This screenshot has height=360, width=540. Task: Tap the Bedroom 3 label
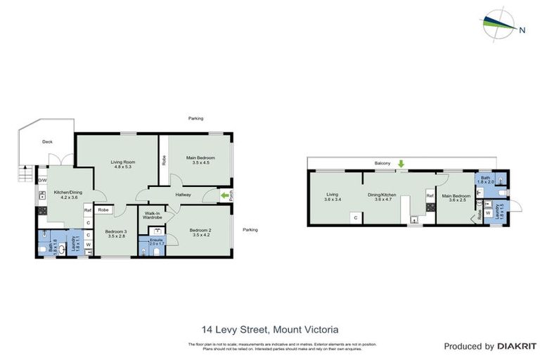116,231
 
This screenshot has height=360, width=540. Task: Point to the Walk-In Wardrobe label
153,215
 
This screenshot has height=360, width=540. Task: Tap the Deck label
47,141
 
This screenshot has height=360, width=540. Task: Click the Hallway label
184,195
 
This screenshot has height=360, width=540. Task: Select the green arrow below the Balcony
401,165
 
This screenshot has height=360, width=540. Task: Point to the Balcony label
382,163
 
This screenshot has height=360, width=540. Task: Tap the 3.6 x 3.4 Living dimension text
333,200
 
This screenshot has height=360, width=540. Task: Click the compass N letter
522,30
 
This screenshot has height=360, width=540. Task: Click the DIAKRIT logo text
516,346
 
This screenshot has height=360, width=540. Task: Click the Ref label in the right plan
429,196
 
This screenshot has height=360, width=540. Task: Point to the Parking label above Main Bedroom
195,119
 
